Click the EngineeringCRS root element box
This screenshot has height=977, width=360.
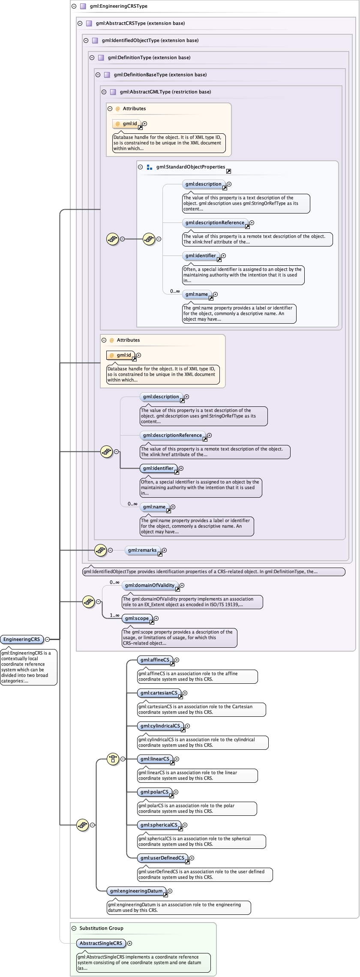(21, 639)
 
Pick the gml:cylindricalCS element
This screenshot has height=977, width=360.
(160, 726)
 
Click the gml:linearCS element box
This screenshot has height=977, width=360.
(155, 759)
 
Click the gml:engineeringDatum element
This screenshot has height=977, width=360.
(136, 891)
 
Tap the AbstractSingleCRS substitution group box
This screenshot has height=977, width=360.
(101, 943)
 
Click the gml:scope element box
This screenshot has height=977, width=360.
(137, 618)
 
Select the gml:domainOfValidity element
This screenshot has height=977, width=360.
(149, 585)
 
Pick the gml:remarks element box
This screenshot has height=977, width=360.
(142, 550)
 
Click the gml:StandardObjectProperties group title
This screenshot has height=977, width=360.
(190, 167)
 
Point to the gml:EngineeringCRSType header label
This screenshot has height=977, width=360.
(118, 6)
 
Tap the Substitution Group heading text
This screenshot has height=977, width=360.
(101, 928)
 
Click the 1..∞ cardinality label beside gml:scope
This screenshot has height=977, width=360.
(114, 615)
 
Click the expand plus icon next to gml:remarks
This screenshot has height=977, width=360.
(164, 550)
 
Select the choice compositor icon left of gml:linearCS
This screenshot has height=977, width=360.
(113, 759)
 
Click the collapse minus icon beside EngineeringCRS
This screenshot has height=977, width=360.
(47, 639)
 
